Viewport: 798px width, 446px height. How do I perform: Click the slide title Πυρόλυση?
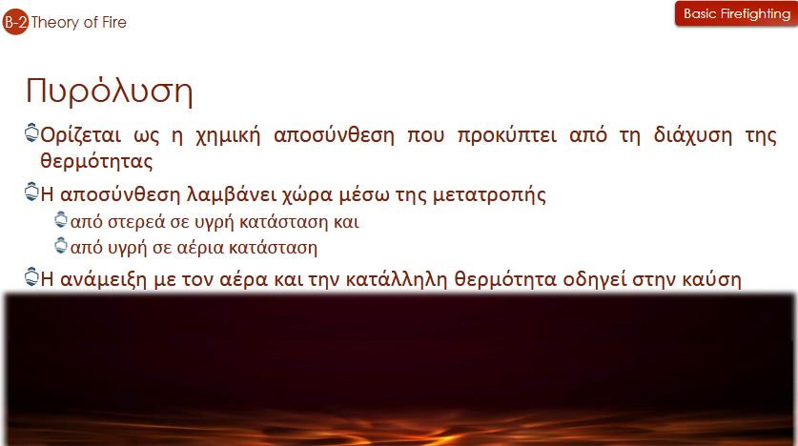[109, 91]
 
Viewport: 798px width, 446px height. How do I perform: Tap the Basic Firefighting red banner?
[736, 13]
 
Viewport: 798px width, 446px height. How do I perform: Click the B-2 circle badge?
[15, 22]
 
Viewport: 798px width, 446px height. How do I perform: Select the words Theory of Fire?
[78, 22]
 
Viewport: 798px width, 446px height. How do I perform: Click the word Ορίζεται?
[81, 135]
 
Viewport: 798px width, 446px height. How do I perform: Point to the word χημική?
[228, 135]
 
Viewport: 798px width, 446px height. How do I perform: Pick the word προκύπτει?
[507, 135]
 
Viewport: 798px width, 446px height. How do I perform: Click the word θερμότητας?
[96, 161]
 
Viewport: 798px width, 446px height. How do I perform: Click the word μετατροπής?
[489, 195]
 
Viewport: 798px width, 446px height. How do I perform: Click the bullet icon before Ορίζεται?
[31, 133]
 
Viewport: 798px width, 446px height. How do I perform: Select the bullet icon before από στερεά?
[61, 220]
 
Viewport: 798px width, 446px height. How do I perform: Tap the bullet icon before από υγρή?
[61, 246]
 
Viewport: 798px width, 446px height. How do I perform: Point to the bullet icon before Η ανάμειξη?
[31, 276]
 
